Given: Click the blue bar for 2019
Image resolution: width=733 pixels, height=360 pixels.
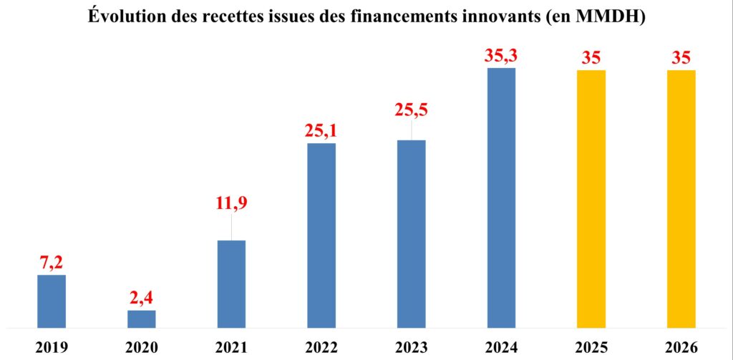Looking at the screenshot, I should coord(52,301).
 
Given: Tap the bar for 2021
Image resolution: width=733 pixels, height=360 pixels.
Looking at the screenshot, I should coord(231,284).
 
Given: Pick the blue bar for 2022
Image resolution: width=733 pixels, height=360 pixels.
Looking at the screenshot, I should coord(321,235).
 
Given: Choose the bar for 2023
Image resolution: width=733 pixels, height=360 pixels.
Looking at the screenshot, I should coord(412,234).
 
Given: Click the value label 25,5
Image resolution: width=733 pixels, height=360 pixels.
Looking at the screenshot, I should coord(412,110).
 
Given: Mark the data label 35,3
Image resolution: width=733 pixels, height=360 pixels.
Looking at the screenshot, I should coord(501,55).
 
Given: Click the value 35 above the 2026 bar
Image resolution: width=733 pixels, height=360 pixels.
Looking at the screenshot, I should coord(681,57).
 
